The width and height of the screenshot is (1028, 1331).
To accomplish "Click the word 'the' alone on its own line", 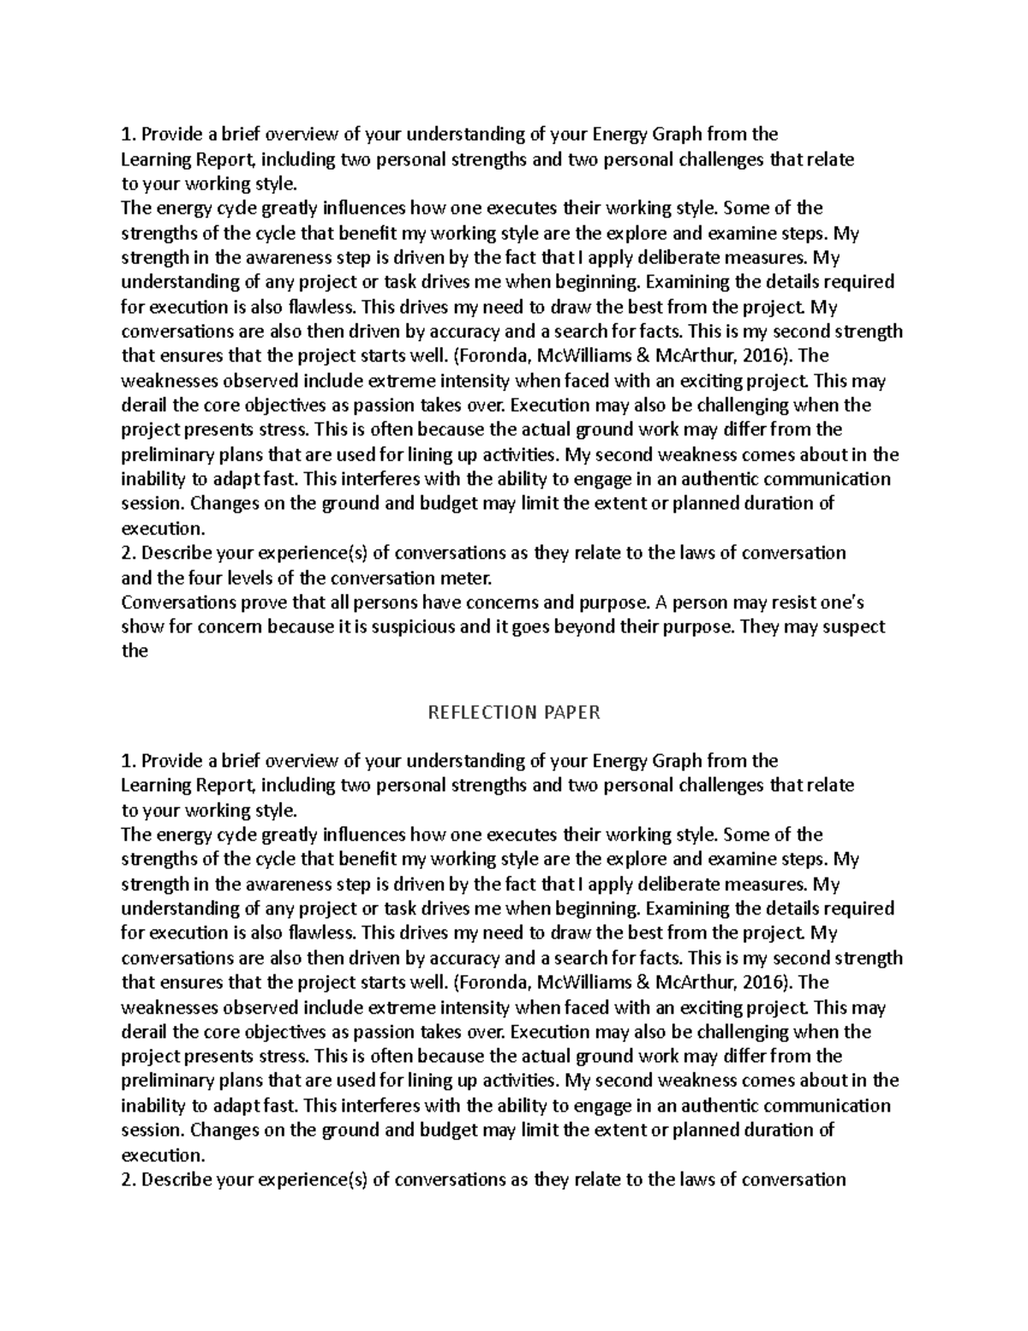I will tap(134, 651).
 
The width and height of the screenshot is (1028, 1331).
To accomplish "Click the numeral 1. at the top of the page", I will tap(129, 135).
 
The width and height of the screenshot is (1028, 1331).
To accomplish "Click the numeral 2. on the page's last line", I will tap(129, 1179).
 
